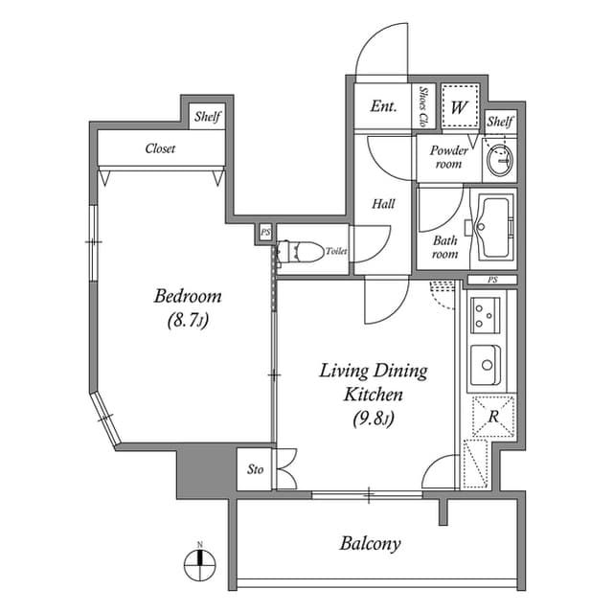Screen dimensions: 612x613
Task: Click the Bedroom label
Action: coord(188,296)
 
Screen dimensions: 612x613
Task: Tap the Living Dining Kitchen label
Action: coord(373,382)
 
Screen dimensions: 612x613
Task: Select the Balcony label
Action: coord(370,544)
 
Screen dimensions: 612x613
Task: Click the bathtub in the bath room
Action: coord(494,230)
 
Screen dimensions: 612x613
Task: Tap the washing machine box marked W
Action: coord(459,106)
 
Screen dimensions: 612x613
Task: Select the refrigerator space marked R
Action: coord(492,417)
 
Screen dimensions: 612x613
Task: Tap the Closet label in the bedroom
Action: coord(160,148)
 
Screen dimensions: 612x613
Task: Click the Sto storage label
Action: coord(255,469)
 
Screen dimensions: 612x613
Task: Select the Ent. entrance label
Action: coord(383,106)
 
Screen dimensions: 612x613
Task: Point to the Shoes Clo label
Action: coord(425,106)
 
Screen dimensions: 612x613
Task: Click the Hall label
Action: coord(383,203)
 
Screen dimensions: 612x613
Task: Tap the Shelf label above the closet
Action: coord(208,117)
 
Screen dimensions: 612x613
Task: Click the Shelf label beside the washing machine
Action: coord(500,122)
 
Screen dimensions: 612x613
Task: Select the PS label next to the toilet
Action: coord(264,232)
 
